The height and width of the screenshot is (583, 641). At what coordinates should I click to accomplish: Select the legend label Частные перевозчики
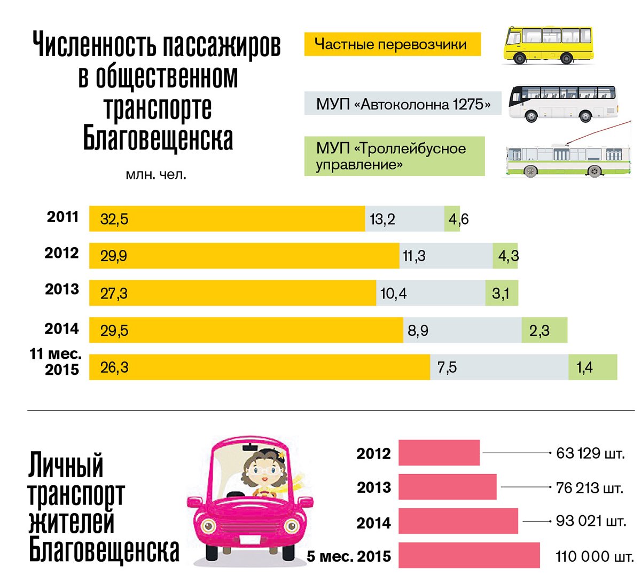(x=392, y=44)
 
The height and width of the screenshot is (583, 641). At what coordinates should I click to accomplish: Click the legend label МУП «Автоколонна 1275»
(x=403, y=104)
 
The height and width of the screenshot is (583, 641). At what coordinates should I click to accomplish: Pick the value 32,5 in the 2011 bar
(x=114, y=219)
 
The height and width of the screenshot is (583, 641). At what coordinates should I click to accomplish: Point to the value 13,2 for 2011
(x=382, y=219)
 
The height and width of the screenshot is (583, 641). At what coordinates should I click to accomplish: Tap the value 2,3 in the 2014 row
(x=539, y=330)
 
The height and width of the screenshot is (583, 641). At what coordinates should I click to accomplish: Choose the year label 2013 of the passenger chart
(x=62, y=289)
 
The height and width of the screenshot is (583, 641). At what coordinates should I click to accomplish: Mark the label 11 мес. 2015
(x=56, y=361)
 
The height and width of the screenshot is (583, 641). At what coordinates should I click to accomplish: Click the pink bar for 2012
(x=439, y=453)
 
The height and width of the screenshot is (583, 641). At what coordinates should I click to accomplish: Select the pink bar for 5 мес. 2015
(x=469, y=555)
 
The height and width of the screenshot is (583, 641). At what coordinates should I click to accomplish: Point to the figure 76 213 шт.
(x=589, y=488)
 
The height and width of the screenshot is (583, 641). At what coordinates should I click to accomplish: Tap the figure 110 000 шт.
(x=594, y=557)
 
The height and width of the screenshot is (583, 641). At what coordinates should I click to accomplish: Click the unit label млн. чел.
(x=156, y=175)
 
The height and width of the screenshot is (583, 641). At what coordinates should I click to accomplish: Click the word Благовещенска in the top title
(x=158, y=138)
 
